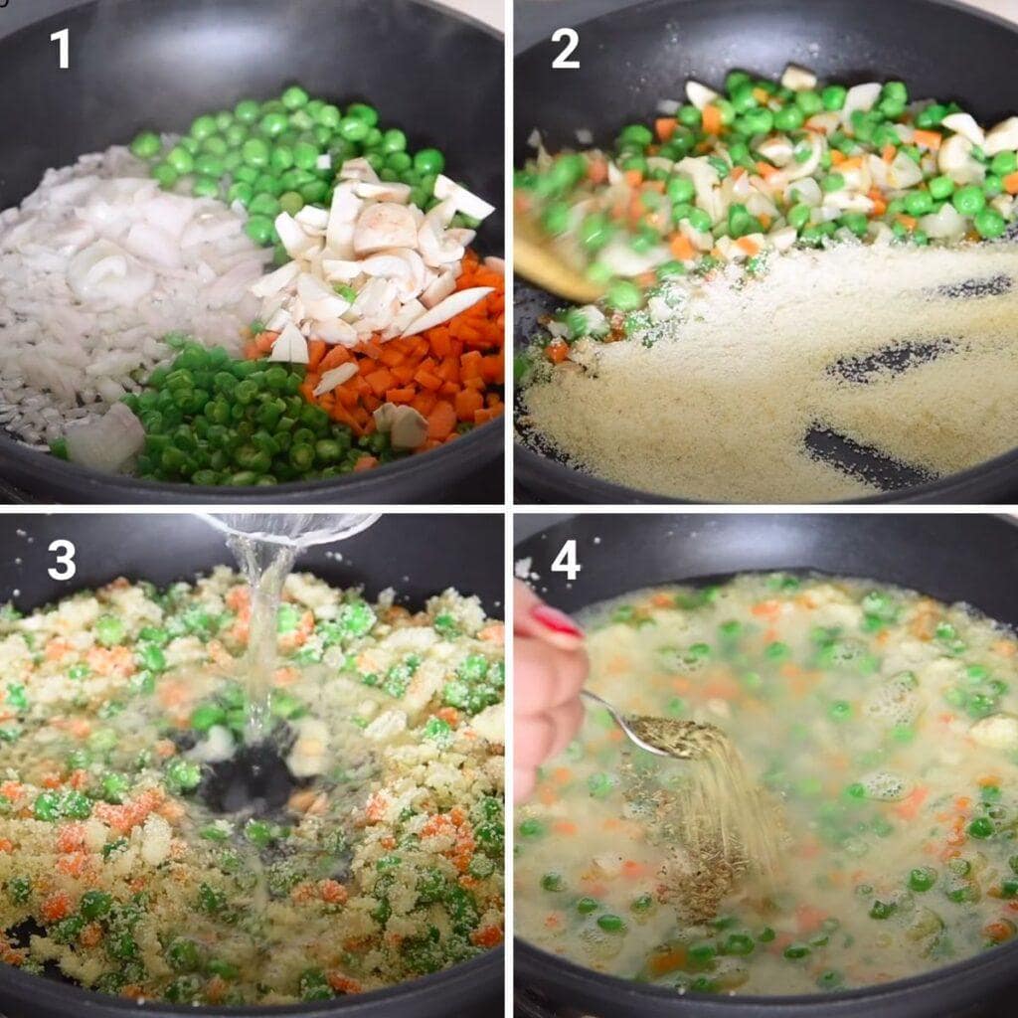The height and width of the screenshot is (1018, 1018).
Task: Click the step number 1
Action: (61, 49)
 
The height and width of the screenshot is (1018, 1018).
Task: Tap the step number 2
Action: (565, 49)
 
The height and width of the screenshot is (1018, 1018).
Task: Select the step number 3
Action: (62, 561)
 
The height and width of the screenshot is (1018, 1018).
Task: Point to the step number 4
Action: (566, 561)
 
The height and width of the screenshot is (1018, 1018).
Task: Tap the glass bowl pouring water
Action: (292, 527)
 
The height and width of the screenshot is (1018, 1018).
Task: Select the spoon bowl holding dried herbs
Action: (675, 737)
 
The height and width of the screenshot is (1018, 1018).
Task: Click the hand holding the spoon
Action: (549, 688)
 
